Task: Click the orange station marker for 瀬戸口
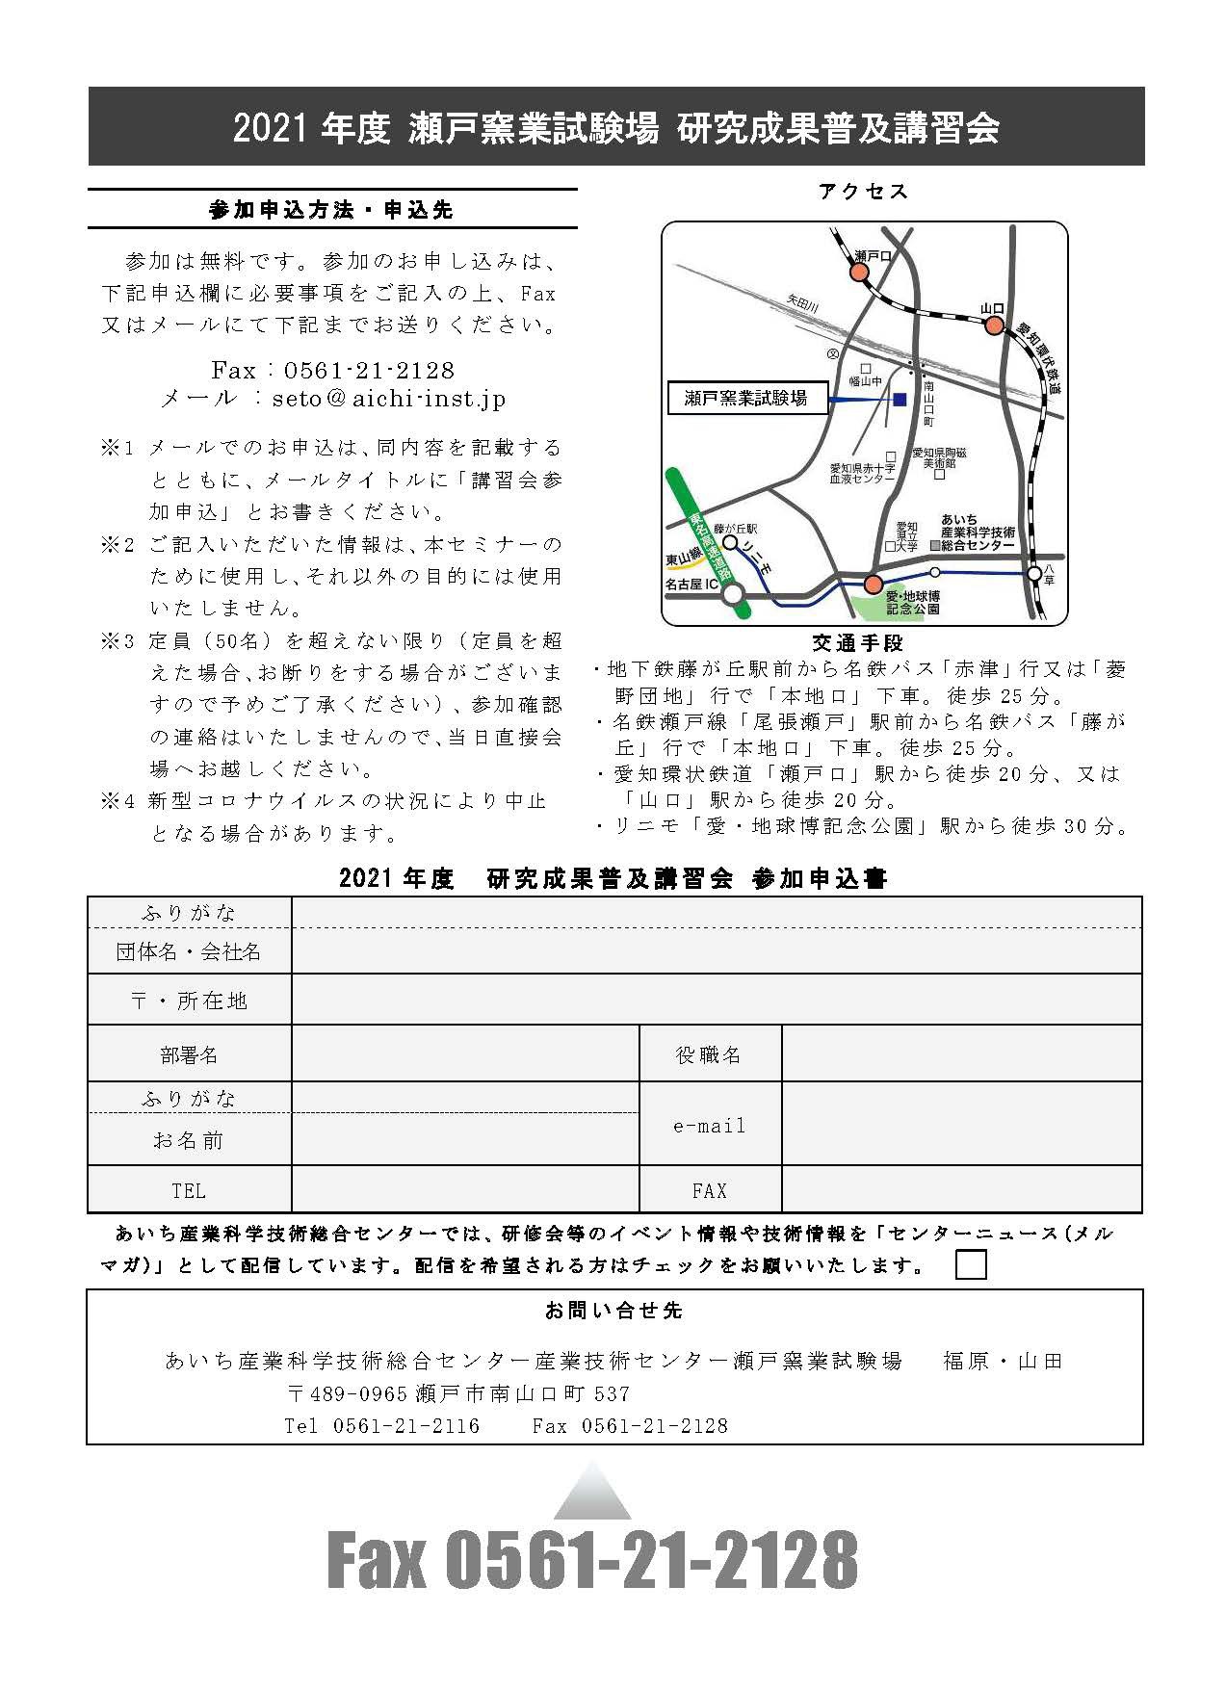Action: click(858, 273)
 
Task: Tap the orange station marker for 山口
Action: click(993, 325)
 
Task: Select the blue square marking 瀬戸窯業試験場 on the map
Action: click(900, 398)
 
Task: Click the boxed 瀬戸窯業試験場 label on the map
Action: click(747, 399)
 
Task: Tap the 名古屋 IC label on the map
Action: click(691, 585)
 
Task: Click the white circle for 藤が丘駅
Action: click(731, 543)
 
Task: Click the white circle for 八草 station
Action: click(1033, 573)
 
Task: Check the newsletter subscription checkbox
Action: click(971, 1264)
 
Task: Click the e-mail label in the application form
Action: click(710, 1126)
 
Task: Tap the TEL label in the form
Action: click(189, 1191)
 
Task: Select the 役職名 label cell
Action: click(710, 1055)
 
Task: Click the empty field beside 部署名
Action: click(465, 1053)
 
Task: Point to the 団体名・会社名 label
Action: click(189, 952)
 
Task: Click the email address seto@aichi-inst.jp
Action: click(388, 399)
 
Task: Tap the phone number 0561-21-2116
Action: click(405, 1425)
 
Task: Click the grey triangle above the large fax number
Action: click(593, 1493)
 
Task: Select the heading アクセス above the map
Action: click(863, 192)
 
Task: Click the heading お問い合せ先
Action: click(613, 1311)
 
